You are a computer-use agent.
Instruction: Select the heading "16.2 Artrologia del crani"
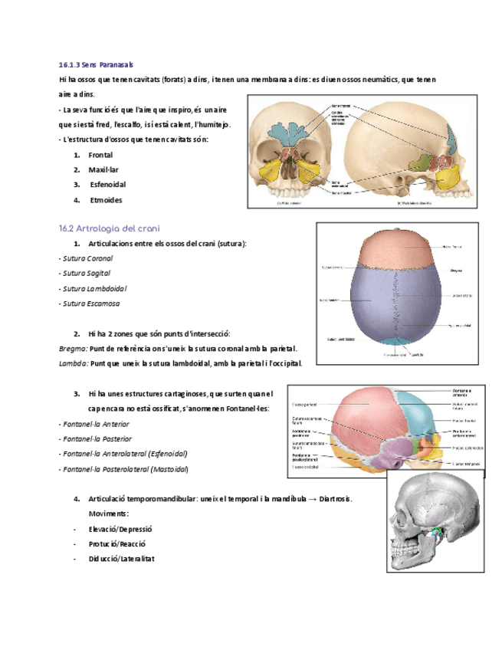pyautogui.click(x=109, y=228)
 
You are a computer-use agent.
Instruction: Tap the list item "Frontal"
pyautogui.click(x=100, y=155)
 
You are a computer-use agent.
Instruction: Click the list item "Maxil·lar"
pyautogui.click(x=103, y=169)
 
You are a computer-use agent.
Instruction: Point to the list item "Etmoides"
pyautogui.click(x=106, y=200)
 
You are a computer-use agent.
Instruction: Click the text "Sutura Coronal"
pyautogui.click(x=86, y=258)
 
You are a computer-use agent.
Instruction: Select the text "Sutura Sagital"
pyautogui.click(x=84, y=273)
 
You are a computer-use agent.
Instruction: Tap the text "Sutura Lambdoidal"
pyautogui.click(x=93, y=288)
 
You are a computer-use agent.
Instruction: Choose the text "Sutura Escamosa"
pyautogui.click(x=90, y=304)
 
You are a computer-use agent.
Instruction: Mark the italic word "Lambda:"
pyautogui.click(x=74, y=363)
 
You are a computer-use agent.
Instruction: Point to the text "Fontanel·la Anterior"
pyautogui.click(x=94, y=424)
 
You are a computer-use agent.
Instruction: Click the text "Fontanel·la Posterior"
pyautogui.click(x=95, y=439)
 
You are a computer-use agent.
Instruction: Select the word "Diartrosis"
pyautogui.click(x=333, y=499)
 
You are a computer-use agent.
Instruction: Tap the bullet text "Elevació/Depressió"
pyautogui.click(x=121, y=529)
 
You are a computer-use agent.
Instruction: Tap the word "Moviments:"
pyautogui.click(x=109, y=514)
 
